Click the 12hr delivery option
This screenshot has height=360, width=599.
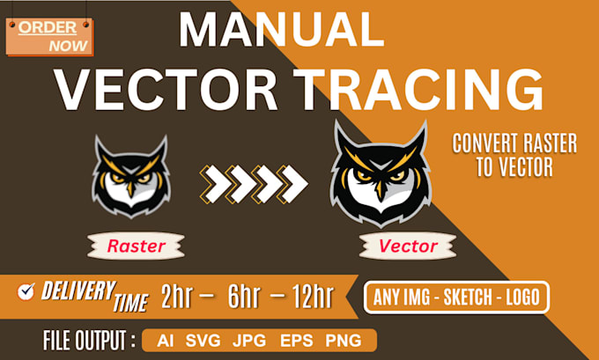coord(308,298)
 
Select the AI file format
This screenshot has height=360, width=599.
coord(165,341)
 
